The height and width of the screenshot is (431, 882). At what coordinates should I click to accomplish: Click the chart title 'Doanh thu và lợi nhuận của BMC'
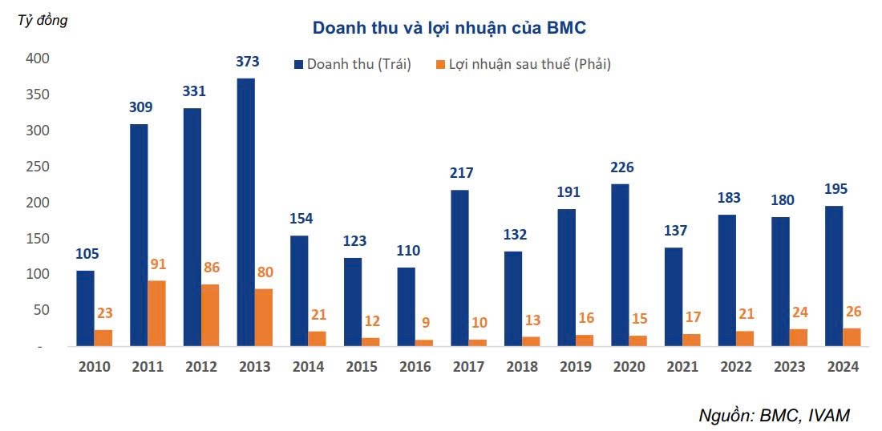click(x=449, y=28)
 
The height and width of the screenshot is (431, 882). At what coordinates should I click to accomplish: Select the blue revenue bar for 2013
click(x=245, y=212)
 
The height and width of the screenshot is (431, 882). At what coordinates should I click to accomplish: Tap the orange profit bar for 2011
click(x=156, y=313)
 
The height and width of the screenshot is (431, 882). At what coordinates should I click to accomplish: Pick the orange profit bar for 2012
click(x=210, y=315)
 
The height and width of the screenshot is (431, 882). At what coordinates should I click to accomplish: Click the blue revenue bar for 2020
click(x=620, y=264)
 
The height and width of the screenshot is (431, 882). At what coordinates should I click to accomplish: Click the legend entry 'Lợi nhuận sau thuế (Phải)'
click(x=522, y=64)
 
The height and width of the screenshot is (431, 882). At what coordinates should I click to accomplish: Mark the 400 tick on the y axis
click(x=37, y=58)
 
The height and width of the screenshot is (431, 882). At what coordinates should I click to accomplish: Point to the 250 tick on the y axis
click(x=37, y=167)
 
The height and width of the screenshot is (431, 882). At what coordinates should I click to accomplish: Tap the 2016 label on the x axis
click(x=414, y=367)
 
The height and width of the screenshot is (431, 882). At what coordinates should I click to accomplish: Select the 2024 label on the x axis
click(x=842, y=367)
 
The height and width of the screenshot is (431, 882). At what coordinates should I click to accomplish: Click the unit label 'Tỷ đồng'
click(x=42, y=21)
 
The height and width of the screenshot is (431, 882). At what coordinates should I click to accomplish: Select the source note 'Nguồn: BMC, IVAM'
click(x=774, y=414)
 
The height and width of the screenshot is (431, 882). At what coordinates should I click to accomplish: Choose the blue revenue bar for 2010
click(x=85, y=308)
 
